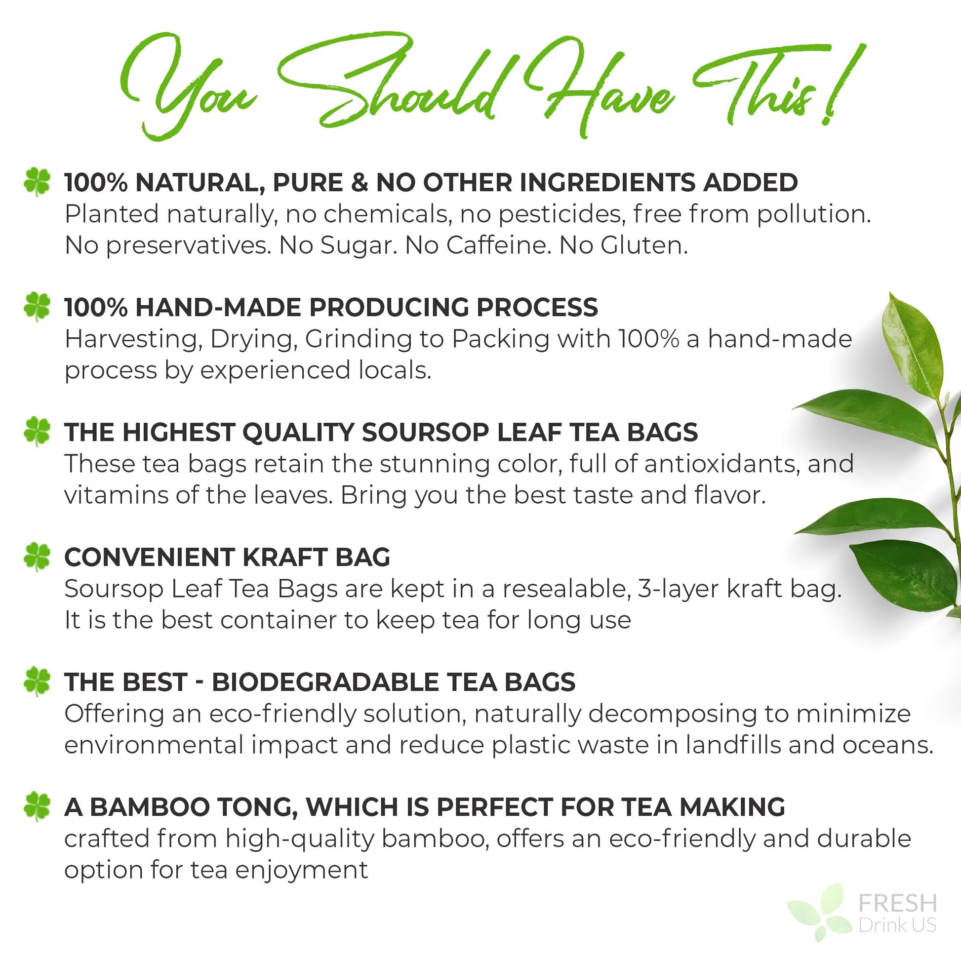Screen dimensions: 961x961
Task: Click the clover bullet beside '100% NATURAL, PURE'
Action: [x=37, y=182]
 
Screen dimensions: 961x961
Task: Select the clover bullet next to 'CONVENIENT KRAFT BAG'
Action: [x=37, y=557]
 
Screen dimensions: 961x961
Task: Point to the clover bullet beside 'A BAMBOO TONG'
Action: [x=37, y=806]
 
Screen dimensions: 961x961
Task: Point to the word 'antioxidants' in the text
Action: [x=722, y=464]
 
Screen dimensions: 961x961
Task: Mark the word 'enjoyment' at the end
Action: [x=301, y=870]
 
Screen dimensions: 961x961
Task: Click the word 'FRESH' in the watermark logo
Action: [x=898, y=903]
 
